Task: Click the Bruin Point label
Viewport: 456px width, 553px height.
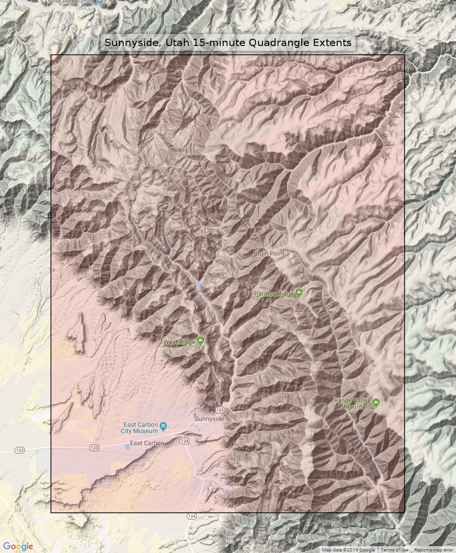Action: click(x=269, y=253)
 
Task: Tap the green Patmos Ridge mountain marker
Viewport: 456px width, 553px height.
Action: click(x=299, y=293)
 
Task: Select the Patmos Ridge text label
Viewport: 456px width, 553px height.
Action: click(x=274, y=294)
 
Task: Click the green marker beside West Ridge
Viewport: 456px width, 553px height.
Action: click(x=201, y=340)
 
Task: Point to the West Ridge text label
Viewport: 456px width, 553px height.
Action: click(x=179, y=342)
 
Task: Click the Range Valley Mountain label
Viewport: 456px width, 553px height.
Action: click(x=352, y=404)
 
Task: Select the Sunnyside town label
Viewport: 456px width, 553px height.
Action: click(x=209, y=419)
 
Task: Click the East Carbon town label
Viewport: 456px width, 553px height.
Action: click(x=147, y=443)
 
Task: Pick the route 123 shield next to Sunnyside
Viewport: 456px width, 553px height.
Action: click(x=220, y=410)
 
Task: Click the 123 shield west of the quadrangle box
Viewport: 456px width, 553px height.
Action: click(x=19, y=450)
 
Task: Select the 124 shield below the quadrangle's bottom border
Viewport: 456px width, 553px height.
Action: click(x=192, y=516)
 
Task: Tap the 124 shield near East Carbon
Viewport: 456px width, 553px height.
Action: click(x=184, y=441)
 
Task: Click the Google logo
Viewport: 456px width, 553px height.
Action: click(x=18, y=546)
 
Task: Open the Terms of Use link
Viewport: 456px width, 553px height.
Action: click(x=394, y=550)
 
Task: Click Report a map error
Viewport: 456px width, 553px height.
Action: click(x=433, y=550)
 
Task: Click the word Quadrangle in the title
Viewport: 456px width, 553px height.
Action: click(x=279, y=42)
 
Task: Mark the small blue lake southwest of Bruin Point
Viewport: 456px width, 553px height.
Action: click(x=198, y=285)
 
